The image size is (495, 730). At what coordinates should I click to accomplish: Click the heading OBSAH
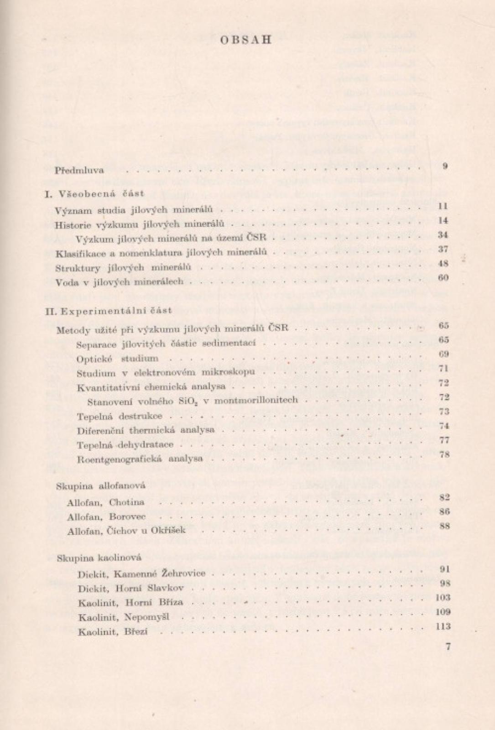pos(246,39)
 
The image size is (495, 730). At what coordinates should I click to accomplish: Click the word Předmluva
pos(79,171)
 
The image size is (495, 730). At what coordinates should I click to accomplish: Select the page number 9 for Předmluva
pos(445,166)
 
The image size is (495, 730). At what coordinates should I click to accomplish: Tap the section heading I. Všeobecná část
pos(95,193)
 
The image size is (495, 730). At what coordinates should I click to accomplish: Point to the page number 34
pos(443,235)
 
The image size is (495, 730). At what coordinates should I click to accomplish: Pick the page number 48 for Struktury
pos(443,263)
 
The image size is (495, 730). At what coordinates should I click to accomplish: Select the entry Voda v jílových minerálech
pos(120,282)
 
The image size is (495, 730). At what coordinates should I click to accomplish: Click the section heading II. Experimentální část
pos(109,310)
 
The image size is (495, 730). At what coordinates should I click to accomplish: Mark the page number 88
pos(445,526)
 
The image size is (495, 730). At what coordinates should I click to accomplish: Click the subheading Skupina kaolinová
pos(99,558)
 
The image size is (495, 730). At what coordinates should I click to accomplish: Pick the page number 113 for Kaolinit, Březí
pos(443,626)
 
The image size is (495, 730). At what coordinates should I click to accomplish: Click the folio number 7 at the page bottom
pos(448,646)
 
